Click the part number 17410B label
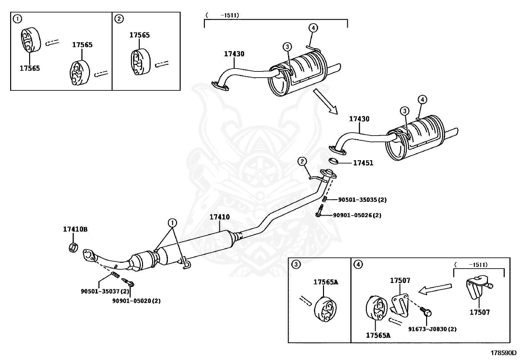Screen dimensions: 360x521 [x=75, y=230]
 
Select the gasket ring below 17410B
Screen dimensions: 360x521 [x=74, y=248]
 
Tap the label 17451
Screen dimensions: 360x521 [x=363, y=163]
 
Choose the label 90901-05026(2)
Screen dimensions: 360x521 [x=357, y=215]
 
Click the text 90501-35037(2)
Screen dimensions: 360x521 [x=105, y=291]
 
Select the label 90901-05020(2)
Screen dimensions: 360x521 [x=136, y=300]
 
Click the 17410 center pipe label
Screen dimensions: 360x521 [x=220, y=217]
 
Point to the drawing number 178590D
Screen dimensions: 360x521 [x=503, y=353]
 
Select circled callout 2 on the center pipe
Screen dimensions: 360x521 [x=302, y=161]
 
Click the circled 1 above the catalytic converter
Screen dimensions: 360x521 [x=172, y=223]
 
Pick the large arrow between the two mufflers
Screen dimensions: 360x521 [x=325, y=101]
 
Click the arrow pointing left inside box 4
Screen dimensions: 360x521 [x=435, y=289]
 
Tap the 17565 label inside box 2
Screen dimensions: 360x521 [x=139, y=35]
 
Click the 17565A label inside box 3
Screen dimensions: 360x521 [x=325, y=282]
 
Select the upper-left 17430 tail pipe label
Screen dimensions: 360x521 [x=234, y=54]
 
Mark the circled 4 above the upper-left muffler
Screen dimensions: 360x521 [x=313, y=28]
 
